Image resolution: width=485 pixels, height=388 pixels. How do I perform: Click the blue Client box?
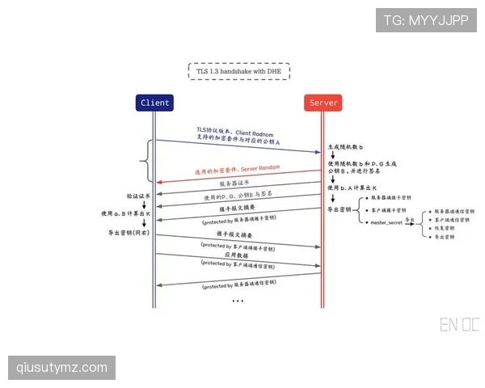pyautogui.click(x=154, y=103)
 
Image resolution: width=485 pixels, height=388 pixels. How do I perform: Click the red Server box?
pyautogui.click(x=323, y=103)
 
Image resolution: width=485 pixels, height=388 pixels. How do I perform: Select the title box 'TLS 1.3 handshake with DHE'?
pyautogui.click(x=238, y=71)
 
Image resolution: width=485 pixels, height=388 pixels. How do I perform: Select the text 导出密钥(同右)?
pyautogui.click(x=129, y=233)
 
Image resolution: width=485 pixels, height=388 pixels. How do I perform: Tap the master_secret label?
pyautogui.click(x=386, y=221)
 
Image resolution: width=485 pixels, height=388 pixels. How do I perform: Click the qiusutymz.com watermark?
pyautogui.click(x=61, y=368)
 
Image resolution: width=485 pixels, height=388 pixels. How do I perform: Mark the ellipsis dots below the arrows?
pyautogui.click(x=238, y=301)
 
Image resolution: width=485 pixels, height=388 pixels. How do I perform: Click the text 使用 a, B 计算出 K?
pyautogui.click(x=126, y=214)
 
